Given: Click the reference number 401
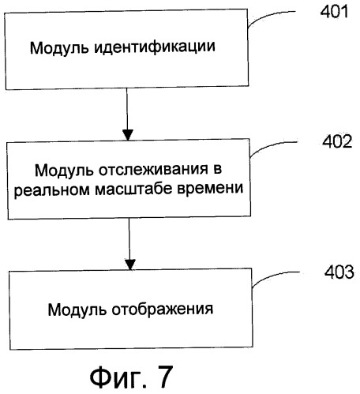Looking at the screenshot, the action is click(x=334, y=12).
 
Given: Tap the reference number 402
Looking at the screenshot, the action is click(x=337, y=141).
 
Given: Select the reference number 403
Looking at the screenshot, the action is click(x=339, y=272).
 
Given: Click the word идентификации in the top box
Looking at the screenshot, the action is click(x=155, y=47).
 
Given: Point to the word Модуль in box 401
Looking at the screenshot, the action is click(x=59, y=48).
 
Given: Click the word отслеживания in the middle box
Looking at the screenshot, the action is click(x=153, y=170).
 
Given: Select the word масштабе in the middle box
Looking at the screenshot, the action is click(x=133, y=189).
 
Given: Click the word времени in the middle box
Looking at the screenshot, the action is click(x=210, y=189).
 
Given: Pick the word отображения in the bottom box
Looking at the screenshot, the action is click(x=163, y=310).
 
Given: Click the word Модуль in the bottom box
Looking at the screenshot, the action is click(x=77, y=310).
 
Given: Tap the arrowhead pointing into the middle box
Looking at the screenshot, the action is click(x=128, y=135).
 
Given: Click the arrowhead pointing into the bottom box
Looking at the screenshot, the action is click(x=130, y=265).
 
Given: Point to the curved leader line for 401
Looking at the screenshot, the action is click(x=266, y=15).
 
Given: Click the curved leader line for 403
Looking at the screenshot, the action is click(x=271, y=276).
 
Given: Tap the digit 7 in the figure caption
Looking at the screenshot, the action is click(x=163, y=377).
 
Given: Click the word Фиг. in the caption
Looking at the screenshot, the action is click(x=118, y=377).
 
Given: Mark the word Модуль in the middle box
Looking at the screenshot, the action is click(x=64, y=171).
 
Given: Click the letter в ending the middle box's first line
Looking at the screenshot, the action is click(x=217, y=169).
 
